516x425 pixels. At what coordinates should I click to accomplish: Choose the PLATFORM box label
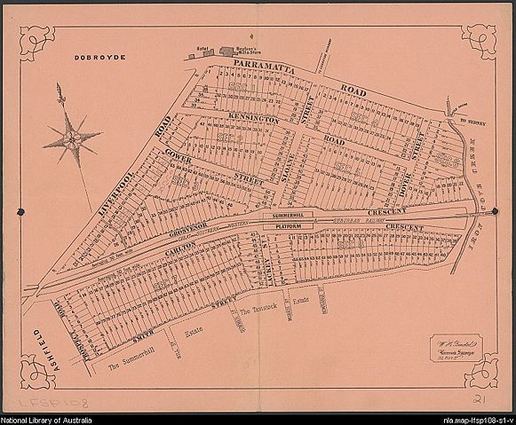tap(285, 228)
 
